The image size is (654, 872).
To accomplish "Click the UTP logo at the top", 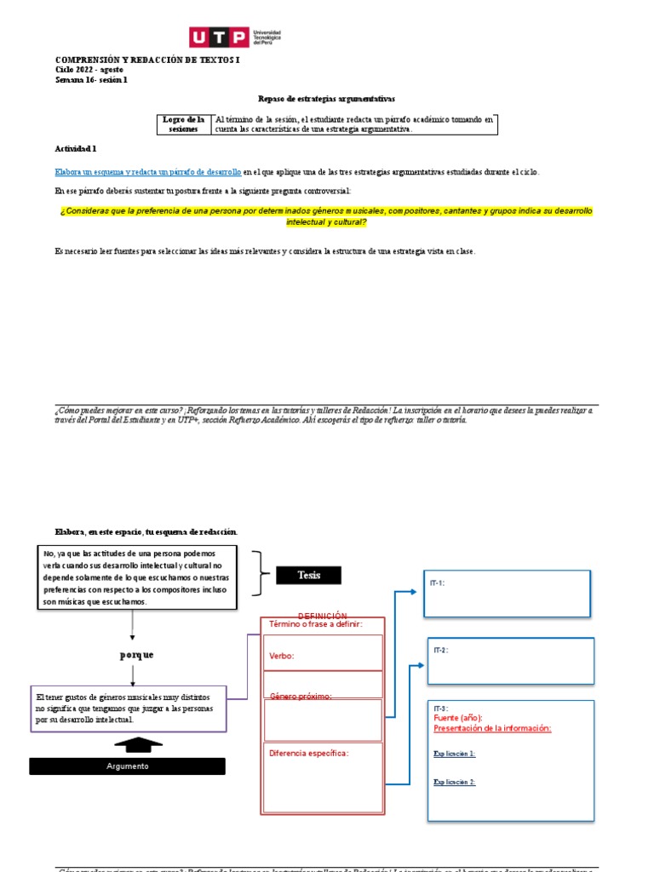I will (x=234, y=37).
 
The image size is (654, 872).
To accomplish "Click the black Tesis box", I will (x=308, y=576).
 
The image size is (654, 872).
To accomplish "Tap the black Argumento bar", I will (x=127, y=766).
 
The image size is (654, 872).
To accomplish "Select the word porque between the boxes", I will (x=136, y=655).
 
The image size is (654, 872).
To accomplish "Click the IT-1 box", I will (x=508, y=594).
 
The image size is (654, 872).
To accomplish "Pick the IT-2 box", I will (x=510, y=661).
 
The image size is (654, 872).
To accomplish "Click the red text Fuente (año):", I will (x=457, y=719).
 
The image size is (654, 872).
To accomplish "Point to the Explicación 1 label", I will (x=454, y=754).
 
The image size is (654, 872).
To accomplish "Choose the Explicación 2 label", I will (x=454, y=783).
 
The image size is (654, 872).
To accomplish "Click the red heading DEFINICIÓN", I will (x=322, y=615).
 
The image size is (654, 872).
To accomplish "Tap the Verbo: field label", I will (x=282, y=657).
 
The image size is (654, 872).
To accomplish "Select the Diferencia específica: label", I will (x=308, y=753).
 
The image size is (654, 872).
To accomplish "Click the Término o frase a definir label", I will (x=315, y=624).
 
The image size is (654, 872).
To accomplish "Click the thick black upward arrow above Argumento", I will (x=138, y=746).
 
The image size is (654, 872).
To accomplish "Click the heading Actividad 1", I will (x=76, y=148).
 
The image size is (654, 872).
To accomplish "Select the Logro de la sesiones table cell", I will (x=184, y=124).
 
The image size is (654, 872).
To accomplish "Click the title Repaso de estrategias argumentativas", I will (x=326, y=99).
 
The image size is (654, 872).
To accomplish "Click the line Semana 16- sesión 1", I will (x=91, y=80).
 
